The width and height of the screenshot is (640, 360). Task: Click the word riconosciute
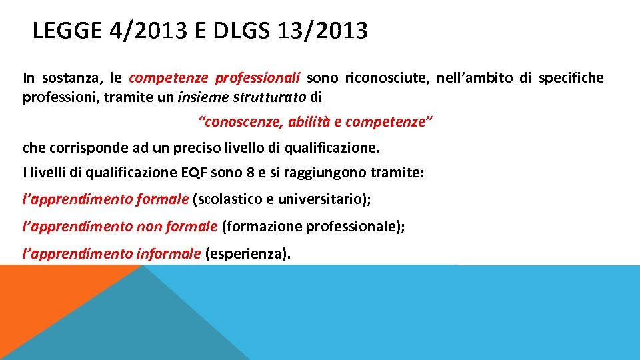[x=386, y=78]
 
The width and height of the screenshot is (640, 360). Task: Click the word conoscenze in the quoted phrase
[x=241, y=122]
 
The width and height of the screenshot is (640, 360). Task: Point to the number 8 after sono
[x=251, y=173]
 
